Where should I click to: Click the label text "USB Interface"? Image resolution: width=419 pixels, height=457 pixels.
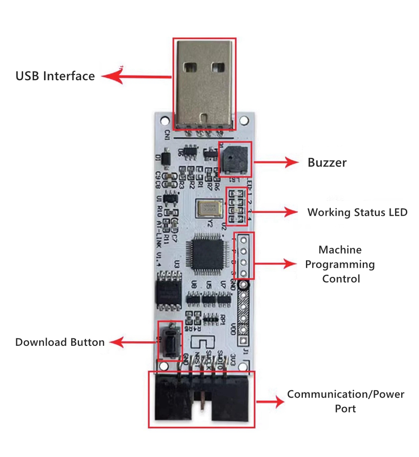click(55, 76)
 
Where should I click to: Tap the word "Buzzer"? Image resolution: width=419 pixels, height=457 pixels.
click(327, 163)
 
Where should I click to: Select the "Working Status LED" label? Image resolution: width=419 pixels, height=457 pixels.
click(357, 212)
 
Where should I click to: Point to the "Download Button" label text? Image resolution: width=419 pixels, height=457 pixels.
click(60, 342)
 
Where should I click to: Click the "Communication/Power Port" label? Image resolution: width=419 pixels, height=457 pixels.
click(345, 401)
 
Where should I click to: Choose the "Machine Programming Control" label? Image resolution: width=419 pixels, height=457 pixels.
click(340, 264)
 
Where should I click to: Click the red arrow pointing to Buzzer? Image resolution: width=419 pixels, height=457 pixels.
click(275, 162)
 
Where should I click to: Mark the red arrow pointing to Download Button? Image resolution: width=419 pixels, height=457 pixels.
click(133, 342)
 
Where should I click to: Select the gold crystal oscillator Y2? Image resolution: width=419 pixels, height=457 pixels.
click(209, 208)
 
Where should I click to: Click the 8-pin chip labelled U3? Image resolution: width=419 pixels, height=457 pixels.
click(168, 289)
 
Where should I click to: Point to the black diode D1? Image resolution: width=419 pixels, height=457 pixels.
click(165, 159)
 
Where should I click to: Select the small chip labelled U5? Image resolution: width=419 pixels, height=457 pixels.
click(209, 298)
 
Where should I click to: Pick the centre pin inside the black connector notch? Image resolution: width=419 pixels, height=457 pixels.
click(203, 402)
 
